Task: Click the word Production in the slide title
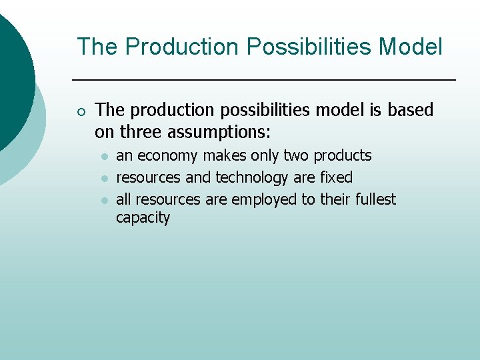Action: pos(181,47)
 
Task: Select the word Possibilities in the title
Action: pos(307,47)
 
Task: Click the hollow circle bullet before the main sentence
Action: pos(81,111)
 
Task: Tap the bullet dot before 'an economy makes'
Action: pos(104,157)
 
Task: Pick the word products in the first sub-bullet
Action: pos(343,156)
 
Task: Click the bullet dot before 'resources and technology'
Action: pos(104,179)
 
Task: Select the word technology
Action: pos(252,178)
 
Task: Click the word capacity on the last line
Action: pos(143,218)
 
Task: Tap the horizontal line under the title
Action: pos(263,80)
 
